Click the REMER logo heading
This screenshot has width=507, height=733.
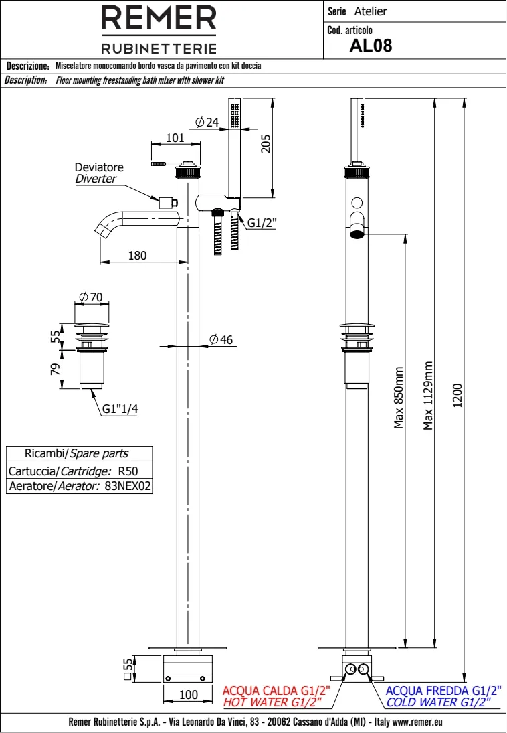(159, 18)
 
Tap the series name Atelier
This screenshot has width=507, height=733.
(371, 11)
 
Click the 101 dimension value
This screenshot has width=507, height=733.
(174, 138)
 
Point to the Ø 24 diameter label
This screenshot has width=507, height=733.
(207, 122)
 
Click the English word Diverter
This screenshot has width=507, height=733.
(95, 179)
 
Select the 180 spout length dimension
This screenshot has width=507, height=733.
(136, 255)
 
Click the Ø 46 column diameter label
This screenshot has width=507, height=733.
(221, 340)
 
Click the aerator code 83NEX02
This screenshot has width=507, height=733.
(128, 487)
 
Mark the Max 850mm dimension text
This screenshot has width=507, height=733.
(399, 398)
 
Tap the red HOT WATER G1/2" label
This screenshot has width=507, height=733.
(272, 702)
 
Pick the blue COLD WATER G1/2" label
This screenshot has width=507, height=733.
(438, 702)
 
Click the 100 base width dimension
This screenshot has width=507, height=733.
(189, 695)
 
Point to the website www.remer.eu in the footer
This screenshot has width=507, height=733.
(419, 722)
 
